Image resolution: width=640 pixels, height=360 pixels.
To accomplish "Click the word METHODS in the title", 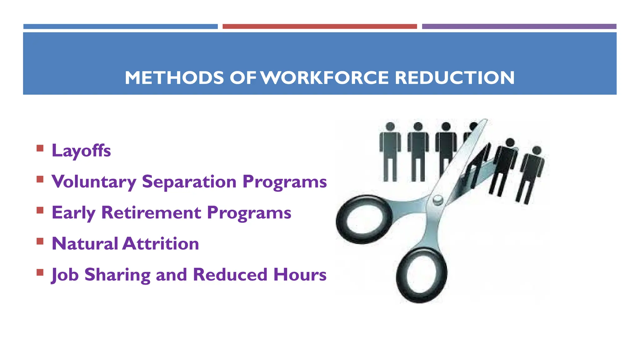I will pos(174,78).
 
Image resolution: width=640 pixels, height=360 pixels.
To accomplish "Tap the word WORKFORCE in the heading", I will pos(325,78).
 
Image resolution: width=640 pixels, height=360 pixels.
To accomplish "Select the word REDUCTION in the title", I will pos(455,78).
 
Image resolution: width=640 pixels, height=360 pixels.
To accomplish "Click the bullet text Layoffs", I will pos(81,151).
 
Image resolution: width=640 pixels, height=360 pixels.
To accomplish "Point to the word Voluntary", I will pos(94,182).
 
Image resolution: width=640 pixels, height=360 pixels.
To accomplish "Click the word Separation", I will pos(189,182).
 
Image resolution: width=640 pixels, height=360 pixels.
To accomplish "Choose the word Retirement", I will pos(151,213).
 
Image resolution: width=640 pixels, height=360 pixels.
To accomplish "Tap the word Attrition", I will pos(161,244).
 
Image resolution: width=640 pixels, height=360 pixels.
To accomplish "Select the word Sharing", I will pos(117,275).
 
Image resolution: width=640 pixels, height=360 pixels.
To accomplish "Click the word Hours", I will pos(300,275).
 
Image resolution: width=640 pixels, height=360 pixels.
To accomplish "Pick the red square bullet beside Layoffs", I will pos(40,148).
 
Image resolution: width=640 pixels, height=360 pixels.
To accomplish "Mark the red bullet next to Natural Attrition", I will pos(40,241).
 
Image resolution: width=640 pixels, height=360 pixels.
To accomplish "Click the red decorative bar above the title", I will pos(320,27).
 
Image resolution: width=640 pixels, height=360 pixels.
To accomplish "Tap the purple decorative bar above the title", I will pos(519,27).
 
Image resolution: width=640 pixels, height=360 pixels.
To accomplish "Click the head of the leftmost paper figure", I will pos(390,127).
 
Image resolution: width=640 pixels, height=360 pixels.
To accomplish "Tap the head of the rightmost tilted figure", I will pos(537,151).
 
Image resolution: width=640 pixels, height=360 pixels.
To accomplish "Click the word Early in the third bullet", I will pos(73,213).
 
